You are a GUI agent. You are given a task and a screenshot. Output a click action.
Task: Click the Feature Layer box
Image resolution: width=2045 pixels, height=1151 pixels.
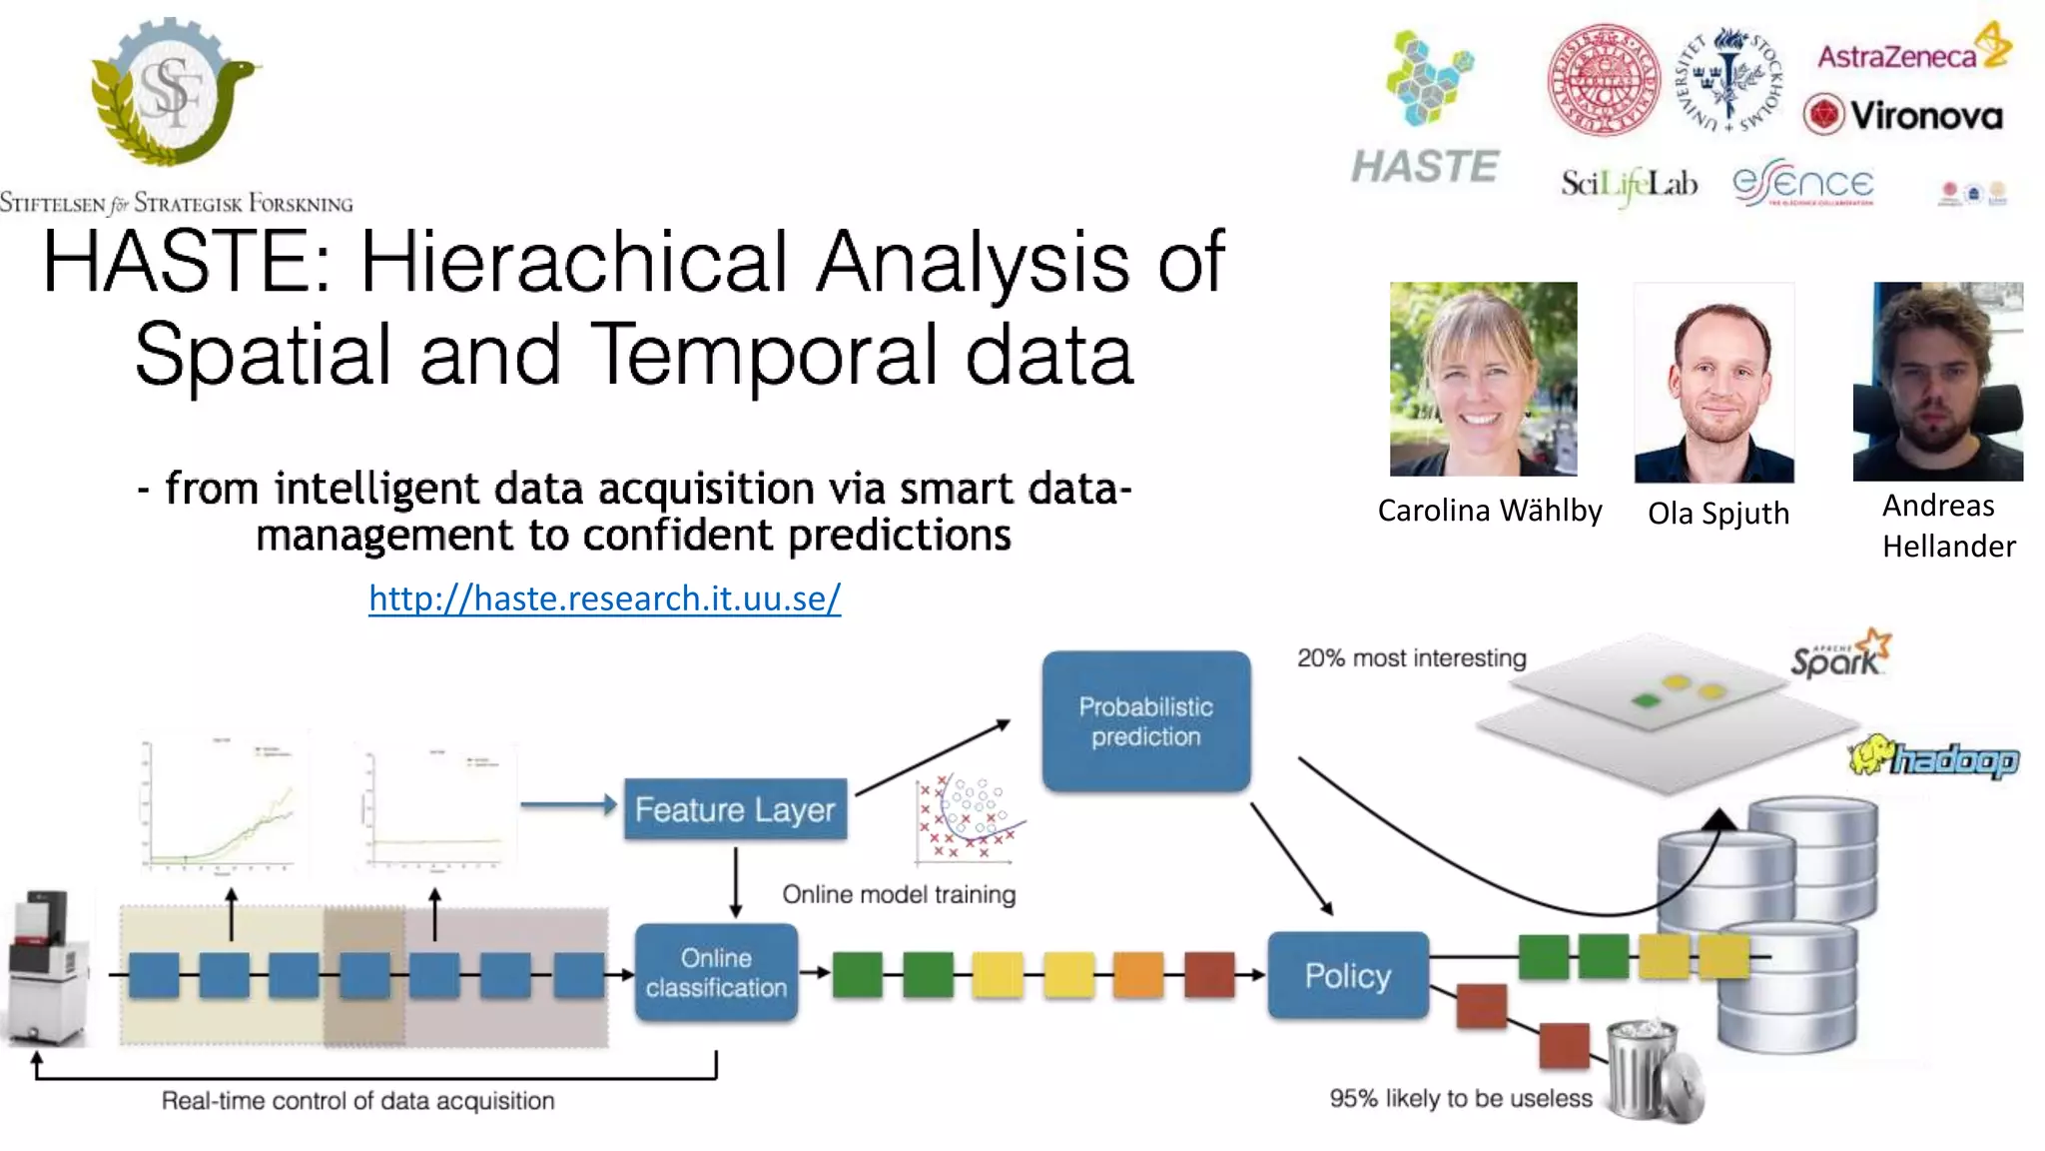[x=735, y=809]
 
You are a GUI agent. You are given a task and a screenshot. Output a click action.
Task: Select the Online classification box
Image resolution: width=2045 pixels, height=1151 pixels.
[x=716, y=972]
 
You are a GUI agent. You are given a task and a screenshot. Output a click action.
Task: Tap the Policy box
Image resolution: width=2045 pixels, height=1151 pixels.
[x=1347, y=975]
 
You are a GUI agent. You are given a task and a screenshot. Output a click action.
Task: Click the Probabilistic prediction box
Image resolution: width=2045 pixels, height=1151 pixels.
[x=1145, y=721]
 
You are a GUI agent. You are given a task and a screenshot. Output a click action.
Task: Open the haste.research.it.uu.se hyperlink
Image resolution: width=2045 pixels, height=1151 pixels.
[x=604, y=598]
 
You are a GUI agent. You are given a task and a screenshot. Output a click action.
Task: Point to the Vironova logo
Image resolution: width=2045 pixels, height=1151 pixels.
[x=1903, y=115]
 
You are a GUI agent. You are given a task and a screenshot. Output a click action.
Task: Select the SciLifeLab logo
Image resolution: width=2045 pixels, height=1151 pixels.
[x=1629, y=184]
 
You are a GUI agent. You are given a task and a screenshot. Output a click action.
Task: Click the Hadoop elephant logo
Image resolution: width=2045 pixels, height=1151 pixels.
[x=1933, y=758]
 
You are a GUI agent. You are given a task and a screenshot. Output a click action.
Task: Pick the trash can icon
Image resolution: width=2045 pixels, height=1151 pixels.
[x=1653, y=1070]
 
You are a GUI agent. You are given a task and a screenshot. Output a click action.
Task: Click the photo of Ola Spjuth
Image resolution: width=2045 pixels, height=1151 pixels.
[x=1713, y=384]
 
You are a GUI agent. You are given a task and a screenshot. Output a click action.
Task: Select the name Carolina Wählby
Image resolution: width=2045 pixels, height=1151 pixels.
[x=1489, y=511]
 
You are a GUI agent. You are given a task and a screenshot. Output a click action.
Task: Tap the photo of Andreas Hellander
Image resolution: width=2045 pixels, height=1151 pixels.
[x=1937, y=382]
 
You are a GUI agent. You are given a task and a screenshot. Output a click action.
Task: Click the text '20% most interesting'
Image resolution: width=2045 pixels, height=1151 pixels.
[x=1411, y=658]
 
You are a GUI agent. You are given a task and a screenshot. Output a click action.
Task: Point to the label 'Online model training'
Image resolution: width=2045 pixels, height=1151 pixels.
[x=899, y=894]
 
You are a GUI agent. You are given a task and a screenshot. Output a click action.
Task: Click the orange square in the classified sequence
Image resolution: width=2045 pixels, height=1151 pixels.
[x=1138, y=974]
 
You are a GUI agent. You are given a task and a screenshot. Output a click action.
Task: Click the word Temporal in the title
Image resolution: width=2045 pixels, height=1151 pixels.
[x=764, y=355]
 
